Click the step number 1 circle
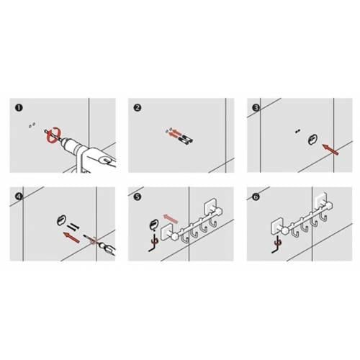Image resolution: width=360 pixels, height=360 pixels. [x=19, y=107]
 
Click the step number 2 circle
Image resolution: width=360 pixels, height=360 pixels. [x=138, y=107]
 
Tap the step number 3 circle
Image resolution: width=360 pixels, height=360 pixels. [x=256, y=108]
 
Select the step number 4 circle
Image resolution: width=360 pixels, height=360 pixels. [x=19, y=197]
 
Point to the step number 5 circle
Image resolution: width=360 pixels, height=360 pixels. [x=138, y=197]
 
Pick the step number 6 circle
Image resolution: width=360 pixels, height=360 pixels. [x=256, y=197]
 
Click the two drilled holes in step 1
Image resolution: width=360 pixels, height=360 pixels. [x=32, y=125]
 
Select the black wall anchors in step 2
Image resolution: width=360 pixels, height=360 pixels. [x=186, y=138]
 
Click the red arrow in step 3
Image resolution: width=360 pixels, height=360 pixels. [x=330, y=149]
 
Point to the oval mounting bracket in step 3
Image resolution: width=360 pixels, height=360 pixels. [x=312, y=139]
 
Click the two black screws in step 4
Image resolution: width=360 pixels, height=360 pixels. [x=73, y=227]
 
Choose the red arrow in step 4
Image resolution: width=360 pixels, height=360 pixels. [x=71, y=238]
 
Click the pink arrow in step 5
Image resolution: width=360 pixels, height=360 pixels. [x=171, y=218]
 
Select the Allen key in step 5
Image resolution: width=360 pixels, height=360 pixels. [x=153, y=243]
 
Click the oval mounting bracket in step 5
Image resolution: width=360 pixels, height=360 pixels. [x=153, y=225]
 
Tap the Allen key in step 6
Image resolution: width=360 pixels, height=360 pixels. [x=276, y=245]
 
